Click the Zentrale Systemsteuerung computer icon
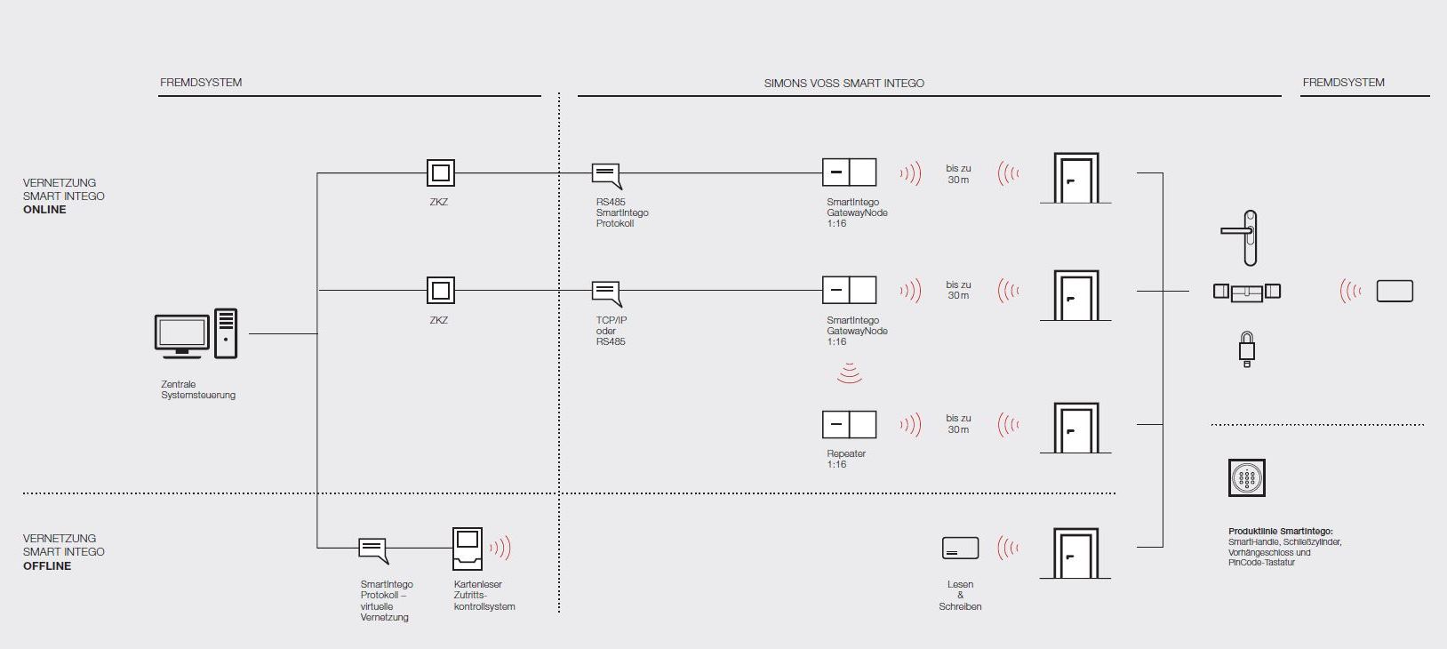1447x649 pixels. [x=196, y=334]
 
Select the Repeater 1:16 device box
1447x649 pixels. [x=849, y=424]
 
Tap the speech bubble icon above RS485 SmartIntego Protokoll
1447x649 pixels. [x=606, y=174]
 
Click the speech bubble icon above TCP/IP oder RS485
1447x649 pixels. [x=606, y=292]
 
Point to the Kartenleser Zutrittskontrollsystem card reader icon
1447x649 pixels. [x=468, y=548]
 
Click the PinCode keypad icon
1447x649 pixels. [x=1246, y=478]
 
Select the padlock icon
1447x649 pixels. [x=1247, y=349]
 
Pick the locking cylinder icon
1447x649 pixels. [x=1247, y=291]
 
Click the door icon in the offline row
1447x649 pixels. [x=1075, y=553]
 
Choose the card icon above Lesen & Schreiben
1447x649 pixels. [x=960, y=549]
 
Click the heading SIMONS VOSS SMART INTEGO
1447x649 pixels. [x=843, y=84]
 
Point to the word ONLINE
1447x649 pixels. [x=44, y=210]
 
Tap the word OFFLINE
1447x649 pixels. [x=47, y=566]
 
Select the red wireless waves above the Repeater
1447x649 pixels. [x=850, y=373]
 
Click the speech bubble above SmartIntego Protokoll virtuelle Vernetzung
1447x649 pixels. [x=373, y=549]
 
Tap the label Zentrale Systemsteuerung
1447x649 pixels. [x=198, y=389]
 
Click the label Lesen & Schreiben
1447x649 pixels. [x=960, y=596]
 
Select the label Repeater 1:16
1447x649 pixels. [x=845, y=459]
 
